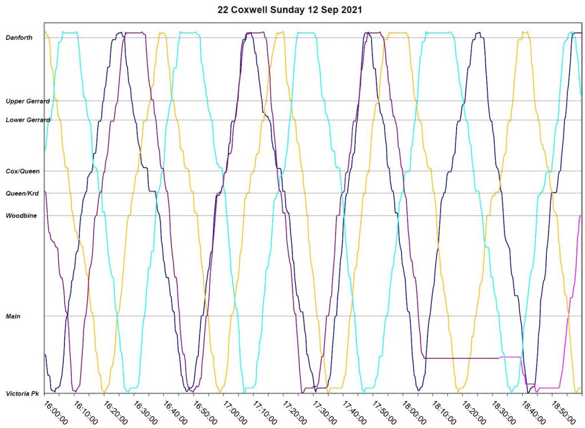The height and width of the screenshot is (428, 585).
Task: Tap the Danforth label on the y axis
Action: tap(19, 38)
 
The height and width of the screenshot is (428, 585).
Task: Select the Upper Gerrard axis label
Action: tap(27, 101)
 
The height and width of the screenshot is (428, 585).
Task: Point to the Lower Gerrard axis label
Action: tap(27, 120)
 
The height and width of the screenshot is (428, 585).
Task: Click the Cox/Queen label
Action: tap(22, 171)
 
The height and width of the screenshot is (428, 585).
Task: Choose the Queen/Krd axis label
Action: tap(22, 193)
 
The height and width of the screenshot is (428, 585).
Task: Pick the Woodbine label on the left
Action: tap(21, 215)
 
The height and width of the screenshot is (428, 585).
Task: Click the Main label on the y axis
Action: tap(13, 316)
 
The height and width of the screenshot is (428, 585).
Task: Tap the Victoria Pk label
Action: tap(22, 394)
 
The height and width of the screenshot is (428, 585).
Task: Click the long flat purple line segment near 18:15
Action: tap(463, 358)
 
